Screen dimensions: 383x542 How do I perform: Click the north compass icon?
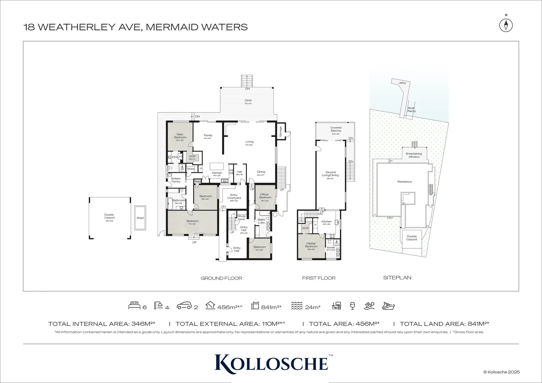pyautogui.click(x=506, y=25)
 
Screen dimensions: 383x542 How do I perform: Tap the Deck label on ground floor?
pyautogui.click(x=248, y=100)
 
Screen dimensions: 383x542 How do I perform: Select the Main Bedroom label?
pyautogui.click(x=180, y=136)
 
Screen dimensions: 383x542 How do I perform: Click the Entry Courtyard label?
pyautogui.click(x=234, y=196)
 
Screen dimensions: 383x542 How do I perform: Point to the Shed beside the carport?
pyautogui.click(x=140, y=218)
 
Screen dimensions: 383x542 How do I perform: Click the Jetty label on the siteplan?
pyautogui.click(x=402, y=83)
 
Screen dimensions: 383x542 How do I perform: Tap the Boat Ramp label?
pyautogui.click(x=411, y=110)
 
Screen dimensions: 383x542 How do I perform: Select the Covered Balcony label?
pyautogui.click(x=336, y=129)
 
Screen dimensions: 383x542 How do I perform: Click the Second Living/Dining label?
pyautogui.click(x=330, y=174)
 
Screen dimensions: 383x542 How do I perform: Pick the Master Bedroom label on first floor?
pyautogui.click(x=311, y=245)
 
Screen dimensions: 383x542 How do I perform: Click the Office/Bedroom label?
pyautogui.click(x=265, y=196)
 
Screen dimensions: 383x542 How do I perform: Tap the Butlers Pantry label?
pyautogui.click(x=176, y=180)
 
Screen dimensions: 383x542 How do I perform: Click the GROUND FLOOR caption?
pyautogui.click(x=221, y=278)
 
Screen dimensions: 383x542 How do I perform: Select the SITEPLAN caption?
pyautogui.click(x=397, y=278)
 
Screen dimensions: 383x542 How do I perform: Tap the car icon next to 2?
pyautogui.click(x=185, y=306)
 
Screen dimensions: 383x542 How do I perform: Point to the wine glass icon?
pyautogui.click(x=352, y=306)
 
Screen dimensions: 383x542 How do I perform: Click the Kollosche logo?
pyautogui.click(x=271, y=362)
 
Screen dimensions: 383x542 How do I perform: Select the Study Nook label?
pyautogui.click(x=242, y=217)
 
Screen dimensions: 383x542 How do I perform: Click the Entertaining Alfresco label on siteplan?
pyautogui.click(x=414, y=155)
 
